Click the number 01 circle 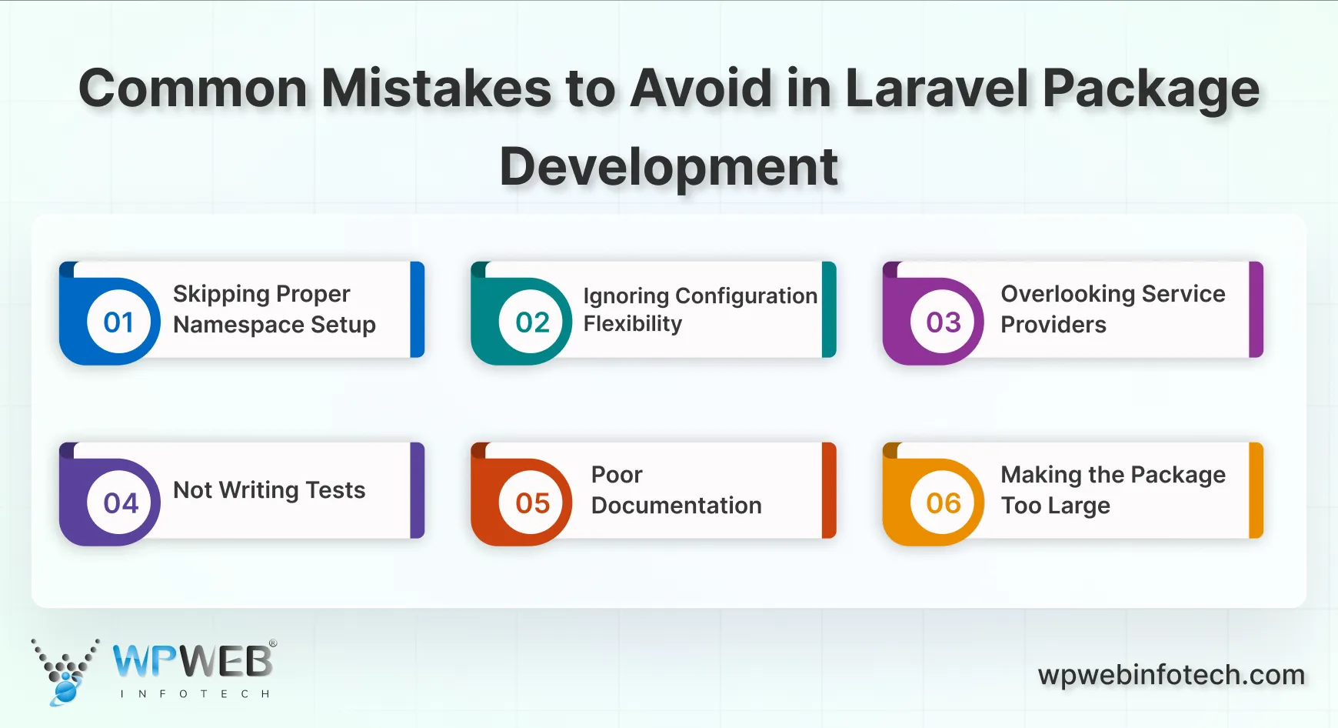tap(118, 322)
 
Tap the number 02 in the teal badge tap(532, 322)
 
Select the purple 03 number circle tap(944, 322)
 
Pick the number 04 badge tap(121, 503)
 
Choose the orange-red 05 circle tap(532, 503)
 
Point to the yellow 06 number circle tap(944, 503)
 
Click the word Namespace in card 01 tap(238, 326)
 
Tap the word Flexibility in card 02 tap(632, 324)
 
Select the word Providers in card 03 tap(1053, 325)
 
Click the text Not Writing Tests tap(269, 490)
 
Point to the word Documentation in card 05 tap(676, 506)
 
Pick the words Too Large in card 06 tap(1055, 506)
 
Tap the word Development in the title tap(668, 167)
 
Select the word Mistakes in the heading tap(436, 88)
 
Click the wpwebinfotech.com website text tap(1170, 675)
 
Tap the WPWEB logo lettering tap(193, 660)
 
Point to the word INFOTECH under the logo tap(195, 694)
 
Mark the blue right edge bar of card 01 tap(418, 309)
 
